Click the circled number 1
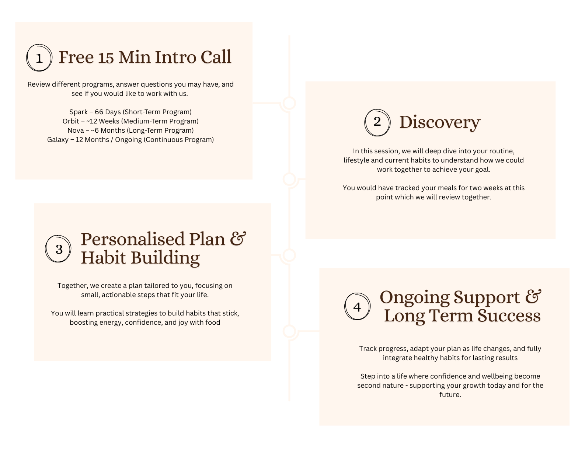(39, 58)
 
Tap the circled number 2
(377, 122)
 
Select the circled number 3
(59, 250)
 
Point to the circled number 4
(357, 307)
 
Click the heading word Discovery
(440, 122)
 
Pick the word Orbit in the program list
(71, 121)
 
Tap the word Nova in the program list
(76, 130)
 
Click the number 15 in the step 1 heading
(106, 57)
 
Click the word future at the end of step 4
(450, 395)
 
